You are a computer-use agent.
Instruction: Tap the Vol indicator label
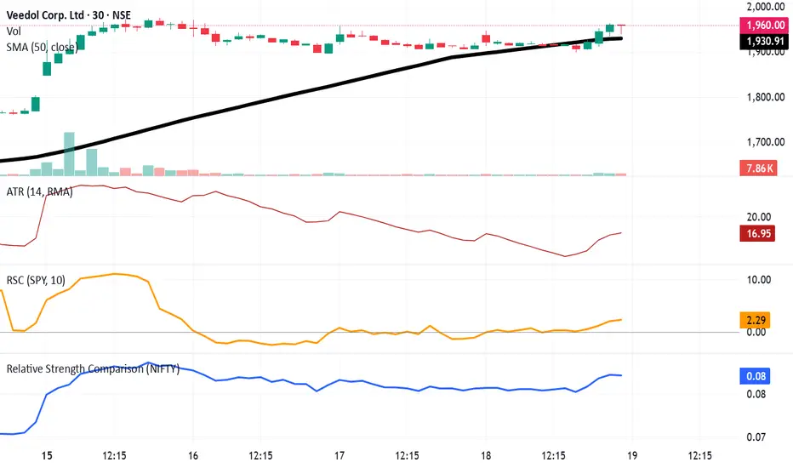pyautogui.click(x=14, y=31)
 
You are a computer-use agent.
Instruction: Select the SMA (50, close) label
pyautogui.click(x=43, y=48)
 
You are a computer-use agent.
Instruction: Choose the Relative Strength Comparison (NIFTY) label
pyautogui.click(x=93, y=369)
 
